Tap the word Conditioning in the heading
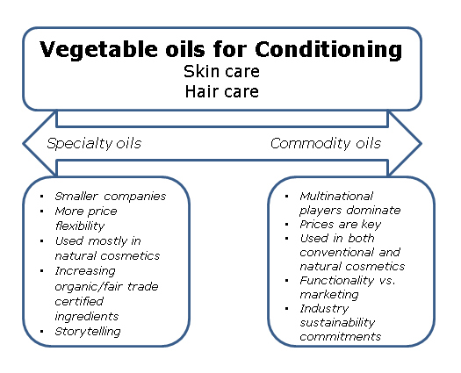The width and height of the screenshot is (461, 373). coord(328,50)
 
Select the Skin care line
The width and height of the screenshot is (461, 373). coord(221,71)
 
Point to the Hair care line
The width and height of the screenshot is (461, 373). coord(221,91)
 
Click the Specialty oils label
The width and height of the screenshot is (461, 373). coord(94,144)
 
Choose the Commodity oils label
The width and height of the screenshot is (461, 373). coord(326,143)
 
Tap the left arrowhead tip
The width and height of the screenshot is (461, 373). coord(23,144)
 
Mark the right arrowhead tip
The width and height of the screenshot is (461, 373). coord(421,144)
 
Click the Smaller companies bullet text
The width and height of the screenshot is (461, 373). coord(111,197)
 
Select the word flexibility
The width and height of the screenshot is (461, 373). coord(80,226)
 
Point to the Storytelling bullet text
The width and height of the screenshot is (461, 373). coord(88,332)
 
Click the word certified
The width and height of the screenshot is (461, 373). coord(79,301)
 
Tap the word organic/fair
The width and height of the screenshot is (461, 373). coord(89,287)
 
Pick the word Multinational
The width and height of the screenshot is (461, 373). coord(336,196)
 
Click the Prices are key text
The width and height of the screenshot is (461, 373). coord(340,225)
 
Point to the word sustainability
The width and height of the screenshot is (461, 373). coord(337,323)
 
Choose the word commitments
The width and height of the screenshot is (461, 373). coord(340,336)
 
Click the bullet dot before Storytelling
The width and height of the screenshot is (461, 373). coord(42,332)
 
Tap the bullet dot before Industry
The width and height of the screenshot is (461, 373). coord(287,309)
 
